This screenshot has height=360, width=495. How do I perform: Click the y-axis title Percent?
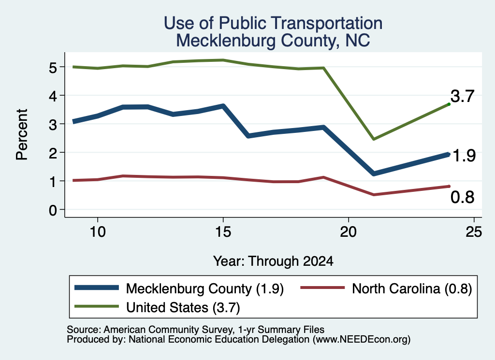[22, 134]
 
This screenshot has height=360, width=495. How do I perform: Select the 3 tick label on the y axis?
[53, 125]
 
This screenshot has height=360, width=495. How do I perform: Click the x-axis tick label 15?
[223, 232]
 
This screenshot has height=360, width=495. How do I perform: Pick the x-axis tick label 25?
[474, 232]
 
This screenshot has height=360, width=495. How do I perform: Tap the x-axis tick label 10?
[98, 232]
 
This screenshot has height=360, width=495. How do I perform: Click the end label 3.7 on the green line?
[463, 96]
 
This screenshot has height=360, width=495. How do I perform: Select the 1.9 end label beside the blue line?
[464, 156]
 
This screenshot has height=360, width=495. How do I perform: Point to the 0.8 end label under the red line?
[463, 197]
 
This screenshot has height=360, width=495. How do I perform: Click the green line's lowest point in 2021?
[374, 139]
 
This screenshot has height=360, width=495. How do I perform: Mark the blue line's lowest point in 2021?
[374, 173]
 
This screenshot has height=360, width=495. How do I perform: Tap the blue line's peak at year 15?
[223, 106]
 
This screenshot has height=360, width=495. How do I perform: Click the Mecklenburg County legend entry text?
[205, 289]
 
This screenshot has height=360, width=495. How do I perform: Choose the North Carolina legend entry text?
[412, 289]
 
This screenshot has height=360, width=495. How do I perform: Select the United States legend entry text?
[183, 308]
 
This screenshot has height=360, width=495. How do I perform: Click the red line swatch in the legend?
[322, 288]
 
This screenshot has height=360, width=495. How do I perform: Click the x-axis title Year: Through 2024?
[274, 261]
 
